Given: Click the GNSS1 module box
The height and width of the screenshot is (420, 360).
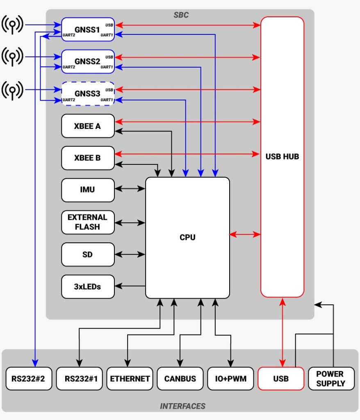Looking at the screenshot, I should tap(87, 30).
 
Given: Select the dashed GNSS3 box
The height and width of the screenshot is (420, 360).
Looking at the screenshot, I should tap(87, 94).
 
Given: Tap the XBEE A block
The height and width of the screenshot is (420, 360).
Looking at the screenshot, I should tap(87, 126).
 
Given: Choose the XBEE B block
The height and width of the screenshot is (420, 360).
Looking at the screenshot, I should tap(87, 157).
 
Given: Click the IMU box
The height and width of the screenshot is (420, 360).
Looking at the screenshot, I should tap(87, 189).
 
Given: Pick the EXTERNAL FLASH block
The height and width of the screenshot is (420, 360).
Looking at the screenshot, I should tap(87, 222).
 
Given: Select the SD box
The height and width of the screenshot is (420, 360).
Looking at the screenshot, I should tap(87, 254).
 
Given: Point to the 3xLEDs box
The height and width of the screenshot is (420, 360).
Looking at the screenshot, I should tap(87, 286).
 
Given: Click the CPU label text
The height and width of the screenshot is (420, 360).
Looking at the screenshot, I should tap(187, 237).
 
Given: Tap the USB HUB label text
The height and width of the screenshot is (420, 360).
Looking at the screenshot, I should tap(282, 156).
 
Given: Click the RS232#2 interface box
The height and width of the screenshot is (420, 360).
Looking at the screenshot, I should tap(29, 379).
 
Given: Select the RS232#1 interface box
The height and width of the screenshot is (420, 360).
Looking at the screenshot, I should tap(79, 379).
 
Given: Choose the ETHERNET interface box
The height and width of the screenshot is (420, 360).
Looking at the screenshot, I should tap(130, 379).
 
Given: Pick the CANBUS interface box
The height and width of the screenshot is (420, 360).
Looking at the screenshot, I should tap(180, 379).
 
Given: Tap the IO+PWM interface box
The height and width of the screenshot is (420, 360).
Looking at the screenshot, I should tap(231, 379).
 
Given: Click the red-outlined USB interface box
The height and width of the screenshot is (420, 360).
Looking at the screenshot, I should tap(281, 379).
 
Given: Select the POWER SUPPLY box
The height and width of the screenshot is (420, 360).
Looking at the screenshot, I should tap(331, 379).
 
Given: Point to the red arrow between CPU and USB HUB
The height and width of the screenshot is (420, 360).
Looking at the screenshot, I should tap(245, 235).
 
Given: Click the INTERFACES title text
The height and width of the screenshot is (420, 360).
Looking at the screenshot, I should tap(182, 406).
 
